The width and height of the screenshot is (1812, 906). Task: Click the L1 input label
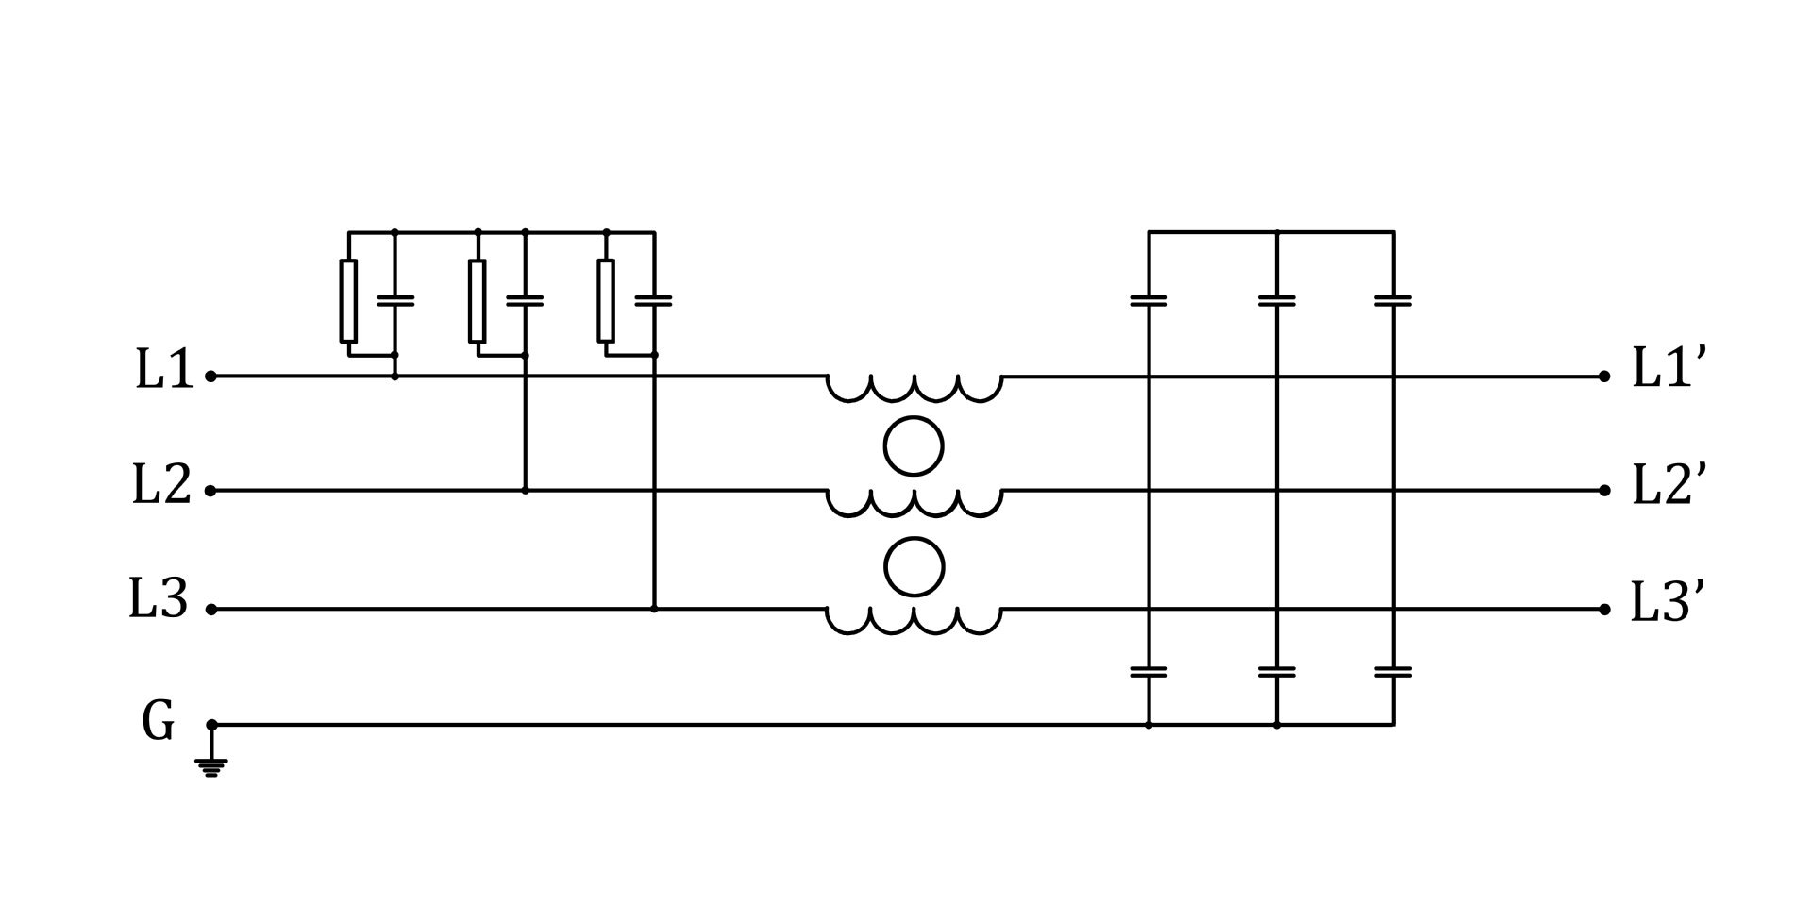[x=164, y=369]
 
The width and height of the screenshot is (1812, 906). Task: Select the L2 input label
[x=161, y=484]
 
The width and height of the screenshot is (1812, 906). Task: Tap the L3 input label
[x=159, y=599]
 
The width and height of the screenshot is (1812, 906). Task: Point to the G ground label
[x=158, y=721]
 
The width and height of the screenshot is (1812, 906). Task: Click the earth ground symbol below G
[x=211, y=766]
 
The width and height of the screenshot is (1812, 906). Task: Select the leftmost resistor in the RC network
[x=348, y=300]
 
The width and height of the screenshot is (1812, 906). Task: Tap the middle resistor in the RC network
[x=478, y=300]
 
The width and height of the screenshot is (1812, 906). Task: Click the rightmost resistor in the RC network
[x=606, y=300]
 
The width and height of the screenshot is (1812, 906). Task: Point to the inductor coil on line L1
[x=914, y=388]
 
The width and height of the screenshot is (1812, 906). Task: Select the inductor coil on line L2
[x=914, y=503]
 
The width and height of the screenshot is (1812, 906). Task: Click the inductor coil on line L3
[x=914, y=620]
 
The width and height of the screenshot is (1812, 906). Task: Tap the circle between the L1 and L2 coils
[x=914, y=445]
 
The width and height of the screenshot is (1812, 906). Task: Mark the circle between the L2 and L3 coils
[x=914, y=567]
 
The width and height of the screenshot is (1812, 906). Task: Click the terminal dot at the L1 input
[x=211, y=377]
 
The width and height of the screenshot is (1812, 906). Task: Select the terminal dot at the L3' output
[x=1604, y=610]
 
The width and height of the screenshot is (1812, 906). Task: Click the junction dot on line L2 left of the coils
[x=526, y=491]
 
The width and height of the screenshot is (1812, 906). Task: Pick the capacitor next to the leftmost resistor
[x=395, y=300]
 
